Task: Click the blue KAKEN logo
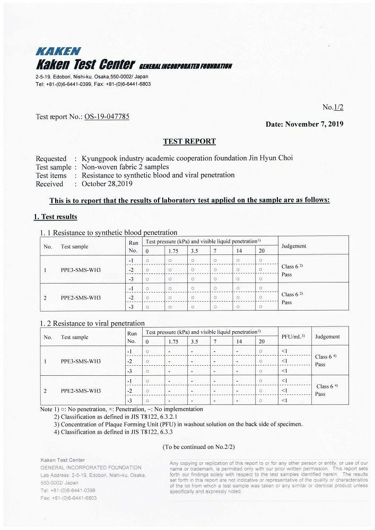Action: point(58,51)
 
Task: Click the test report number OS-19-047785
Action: point(107,117)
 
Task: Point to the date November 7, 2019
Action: point(304,124)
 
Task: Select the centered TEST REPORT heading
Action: point(189,142)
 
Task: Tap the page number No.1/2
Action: point(333,108)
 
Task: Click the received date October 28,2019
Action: point(107,184)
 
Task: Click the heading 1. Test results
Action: point(55,217)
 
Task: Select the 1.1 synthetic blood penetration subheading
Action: point(108,232)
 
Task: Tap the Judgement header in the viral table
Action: point(327,337)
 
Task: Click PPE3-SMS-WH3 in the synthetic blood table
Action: point(81,270)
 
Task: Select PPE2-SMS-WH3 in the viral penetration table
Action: point(81,391)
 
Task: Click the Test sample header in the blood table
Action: point(74,246)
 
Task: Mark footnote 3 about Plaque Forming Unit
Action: point(178,424)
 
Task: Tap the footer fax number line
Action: point(68,498)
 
